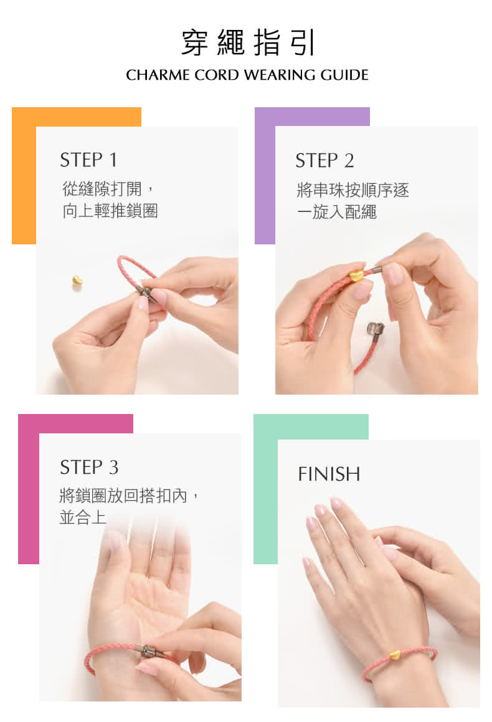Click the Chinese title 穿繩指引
(248, 42)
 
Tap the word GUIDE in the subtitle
(344, 75)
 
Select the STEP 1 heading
(88, 160)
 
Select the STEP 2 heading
(324, 161)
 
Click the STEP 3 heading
(89, 468)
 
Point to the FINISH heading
(329, 474)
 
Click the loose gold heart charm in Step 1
(77, 281)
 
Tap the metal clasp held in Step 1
(147, 293)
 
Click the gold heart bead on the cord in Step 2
(356, 275)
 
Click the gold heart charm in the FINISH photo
(394, 654)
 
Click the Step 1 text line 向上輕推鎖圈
(110, 211)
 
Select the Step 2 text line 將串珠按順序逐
(352, 190)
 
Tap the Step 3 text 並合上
(83, 517)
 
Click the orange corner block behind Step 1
(24, 175)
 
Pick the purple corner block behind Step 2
(265, 175)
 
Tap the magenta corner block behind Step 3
(29, 488)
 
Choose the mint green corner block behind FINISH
(265, 488)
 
